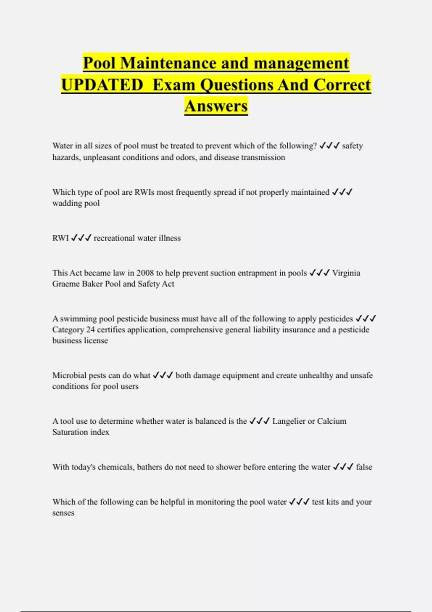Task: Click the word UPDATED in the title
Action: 102,85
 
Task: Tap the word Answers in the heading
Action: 216,106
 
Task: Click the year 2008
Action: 145,273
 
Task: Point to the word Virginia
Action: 346,273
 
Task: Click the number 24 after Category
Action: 90,329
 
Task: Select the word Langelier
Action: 289,421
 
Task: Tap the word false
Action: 364,467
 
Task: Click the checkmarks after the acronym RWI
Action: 81,238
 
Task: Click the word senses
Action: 63,513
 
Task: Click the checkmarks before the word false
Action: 343,467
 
